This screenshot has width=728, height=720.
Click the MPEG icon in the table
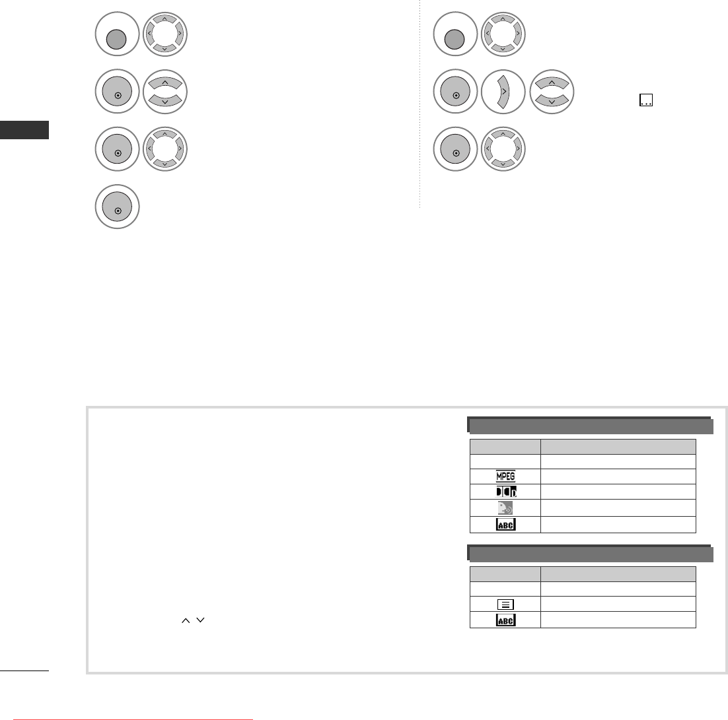point(505,476)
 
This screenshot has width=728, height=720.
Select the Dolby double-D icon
point(506,492)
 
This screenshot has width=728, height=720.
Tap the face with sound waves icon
point(505,508)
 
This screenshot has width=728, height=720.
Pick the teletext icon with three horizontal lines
point(505,605)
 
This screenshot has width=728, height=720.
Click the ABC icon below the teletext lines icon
point(505,620)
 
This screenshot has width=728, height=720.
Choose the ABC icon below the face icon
point(505,525)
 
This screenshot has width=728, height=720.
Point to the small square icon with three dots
point(646,100)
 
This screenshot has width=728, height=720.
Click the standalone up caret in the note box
point(186,620)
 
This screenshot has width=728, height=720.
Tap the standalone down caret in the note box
point(201,620)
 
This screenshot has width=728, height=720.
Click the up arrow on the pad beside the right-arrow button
point(552,83)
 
